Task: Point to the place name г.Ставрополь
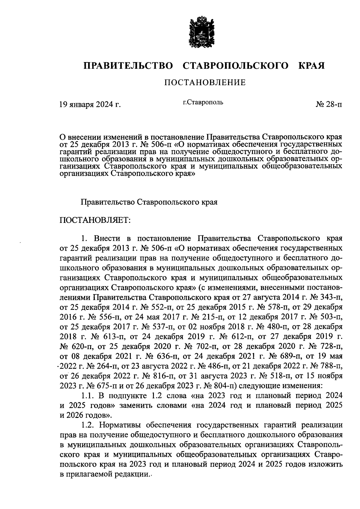point(203,103)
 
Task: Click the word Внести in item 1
point(106,239)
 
